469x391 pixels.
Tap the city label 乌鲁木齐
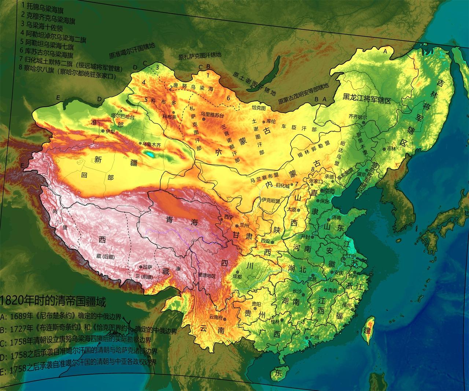[x=151, y=145]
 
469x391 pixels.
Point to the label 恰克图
[x=259, y=107]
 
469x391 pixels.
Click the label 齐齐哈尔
[x=357, y=116]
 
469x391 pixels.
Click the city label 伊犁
[x=111, y=130]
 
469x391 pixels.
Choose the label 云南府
[x=216, y=317]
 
